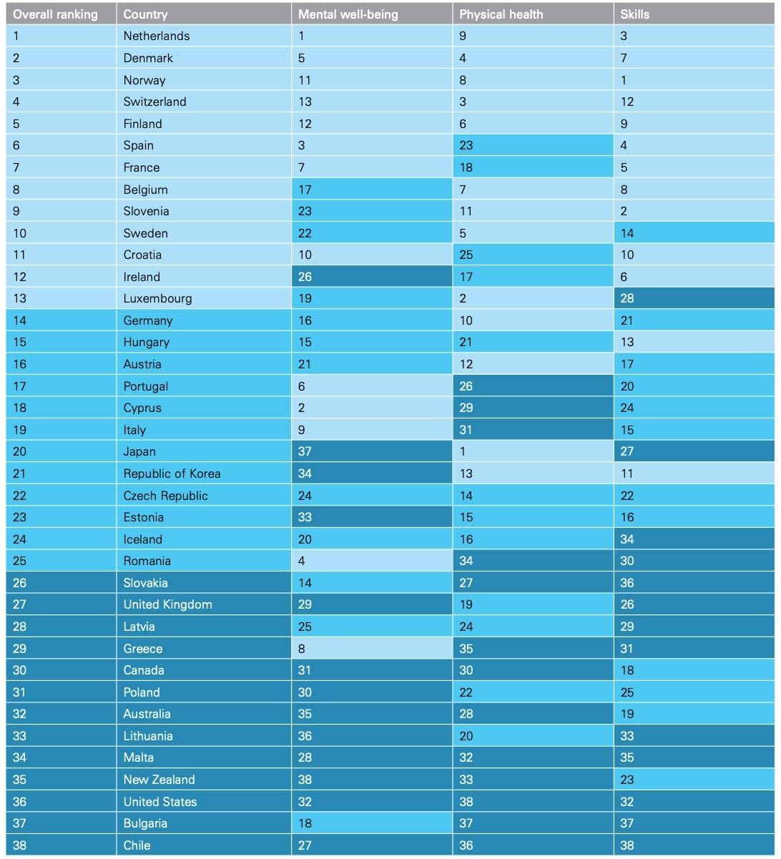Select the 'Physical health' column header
[501, 14]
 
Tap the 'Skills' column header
[634, 14]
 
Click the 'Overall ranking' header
[55, 14]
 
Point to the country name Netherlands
[156, 36]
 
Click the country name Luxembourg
[157, 298]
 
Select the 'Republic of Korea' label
[172, 473]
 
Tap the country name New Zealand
[159, 780]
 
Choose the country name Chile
[137, 845]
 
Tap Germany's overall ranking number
[19, 320]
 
